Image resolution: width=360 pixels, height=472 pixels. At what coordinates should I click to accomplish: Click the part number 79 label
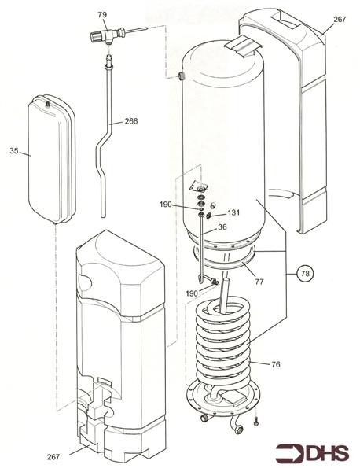[101, 15]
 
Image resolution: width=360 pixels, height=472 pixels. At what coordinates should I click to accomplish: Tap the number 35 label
[14, 150]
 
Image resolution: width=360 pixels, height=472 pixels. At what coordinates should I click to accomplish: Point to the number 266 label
[130, 121]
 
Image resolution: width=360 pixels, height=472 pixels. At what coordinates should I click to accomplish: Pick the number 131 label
[233, 212]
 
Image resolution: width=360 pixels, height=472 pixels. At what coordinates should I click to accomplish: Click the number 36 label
[222, 227]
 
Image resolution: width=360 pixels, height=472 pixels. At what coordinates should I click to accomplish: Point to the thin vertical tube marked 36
[201, 252]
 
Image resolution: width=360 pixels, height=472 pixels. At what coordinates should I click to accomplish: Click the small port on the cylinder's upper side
[180, 76]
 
